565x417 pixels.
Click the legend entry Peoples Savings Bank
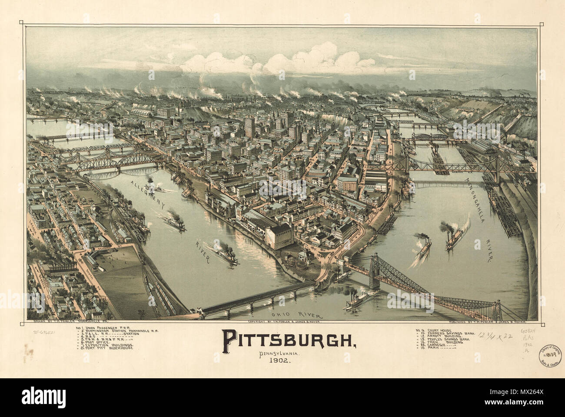447,339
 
